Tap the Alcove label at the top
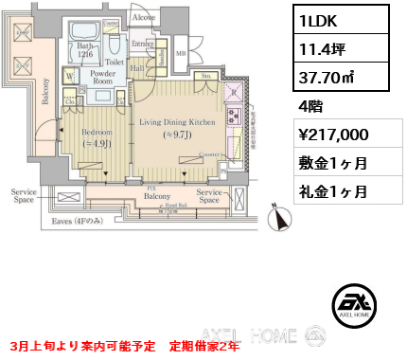coord(145,16)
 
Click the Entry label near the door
coord(143,44)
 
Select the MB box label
coord(181,53)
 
